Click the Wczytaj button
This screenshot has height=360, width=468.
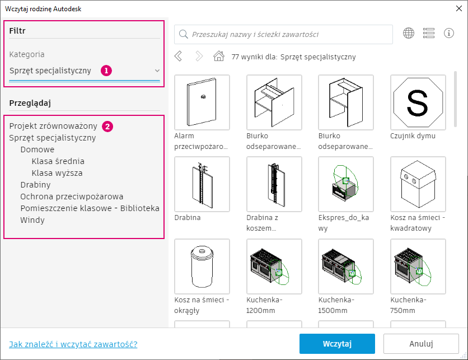point(337,344)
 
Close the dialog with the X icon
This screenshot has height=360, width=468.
point(459,8)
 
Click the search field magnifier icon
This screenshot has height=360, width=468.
point(183,34)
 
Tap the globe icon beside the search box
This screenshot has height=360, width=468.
point(409,33)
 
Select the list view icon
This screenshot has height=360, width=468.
point(429,33)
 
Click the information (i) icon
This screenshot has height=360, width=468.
point(449,33)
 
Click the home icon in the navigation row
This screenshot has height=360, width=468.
point(219,56)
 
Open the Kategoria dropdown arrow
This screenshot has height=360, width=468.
point(157,71)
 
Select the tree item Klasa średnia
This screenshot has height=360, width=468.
point(58,161)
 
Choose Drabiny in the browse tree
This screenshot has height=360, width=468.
point(35,185)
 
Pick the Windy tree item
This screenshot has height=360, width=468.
point(32,220)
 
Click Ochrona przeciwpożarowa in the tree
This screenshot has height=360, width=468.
point(72,197)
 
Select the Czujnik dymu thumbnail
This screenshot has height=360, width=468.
point(418,102)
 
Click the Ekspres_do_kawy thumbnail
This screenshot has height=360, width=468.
point(346,184)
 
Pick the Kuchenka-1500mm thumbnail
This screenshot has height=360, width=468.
point(346,267)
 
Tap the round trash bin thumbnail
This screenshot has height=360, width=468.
point(202,267)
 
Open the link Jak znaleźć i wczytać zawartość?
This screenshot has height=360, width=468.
point(73,344)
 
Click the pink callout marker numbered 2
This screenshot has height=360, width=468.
point(107,127)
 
